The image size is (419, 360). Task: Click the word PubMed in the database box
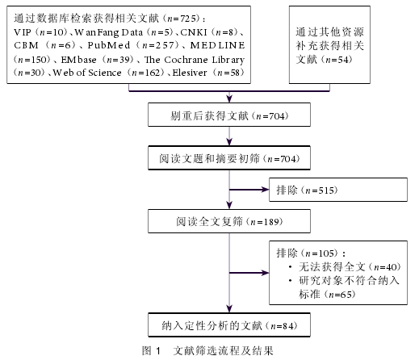(x=109, y=45)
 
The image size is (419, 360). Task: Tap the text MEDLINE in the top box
(x=217, y=45)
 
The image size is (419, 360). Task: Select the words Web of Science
(x=87, y=73)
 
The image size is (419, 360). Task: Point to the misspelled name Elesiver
(x=190, y=73)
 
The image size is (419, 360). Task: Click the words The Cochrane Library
(x=195, y=60)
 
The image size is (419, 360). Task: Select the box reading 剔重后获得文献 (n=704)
(x=229, y=115)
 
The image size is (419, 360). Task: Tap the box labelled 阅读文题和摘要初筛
(x=229, y=158)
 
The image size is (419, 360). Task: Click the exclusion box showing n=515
(x=338, y=190)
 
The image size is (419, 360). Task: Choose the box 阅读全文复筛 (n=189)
(x=229, y=221)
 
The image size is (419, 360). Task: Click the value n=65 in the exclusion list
(x=340, y=295)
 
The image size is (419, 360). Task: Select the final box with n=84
(x=229, y=324)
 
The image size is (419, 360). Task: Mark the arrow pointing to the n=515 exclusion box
(x=249, y=190)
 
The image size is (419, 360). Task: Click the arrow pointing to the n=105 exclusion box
(x=249, y=273)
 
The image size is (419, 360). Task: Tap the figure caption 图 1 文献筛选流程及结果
(x=207, y=350)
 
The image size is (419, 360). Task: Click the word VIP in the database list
(x=23, y=32)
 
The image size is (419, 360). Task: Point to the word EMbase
(x=78, y=60)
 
